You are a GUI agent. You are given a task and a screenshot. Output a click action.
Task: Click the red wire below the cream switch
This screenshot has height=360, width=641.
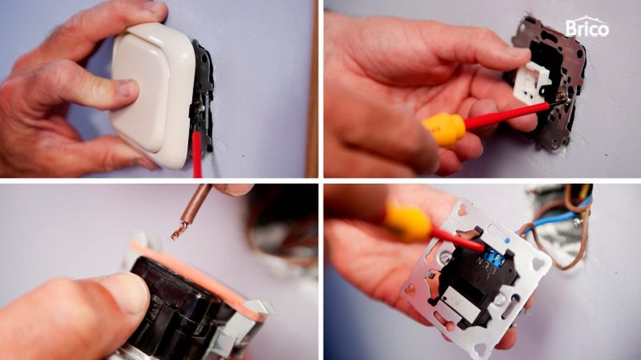197,155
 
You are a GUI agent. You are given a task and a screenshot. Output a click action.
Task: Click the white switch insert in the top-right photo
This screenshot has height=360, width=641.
531,83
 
